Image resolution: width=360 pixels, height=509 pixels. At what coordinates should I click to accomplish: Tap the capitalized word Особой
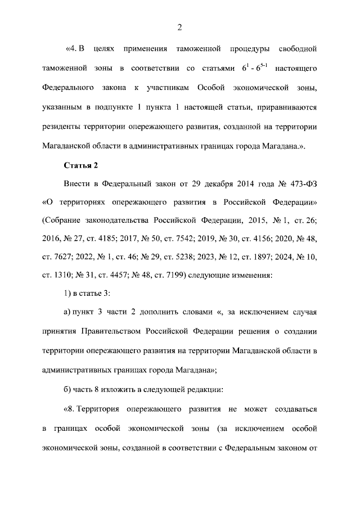(x=213, y=88)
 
